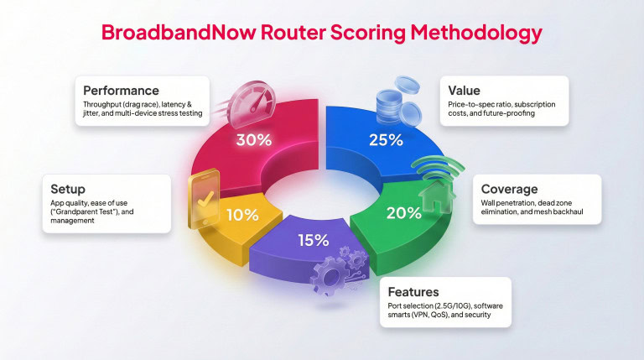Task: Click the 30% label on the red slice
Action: [x=252, y=140]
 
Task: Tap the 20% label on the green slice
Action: [x=403, y=212]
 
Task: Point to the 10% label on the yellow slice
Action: [x=241, y=214]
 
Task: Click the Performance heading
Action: [x=121, y=89]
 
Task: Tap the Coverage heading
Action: [x=510, y=189]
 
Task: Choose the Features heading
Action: [x=413, y=292]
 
